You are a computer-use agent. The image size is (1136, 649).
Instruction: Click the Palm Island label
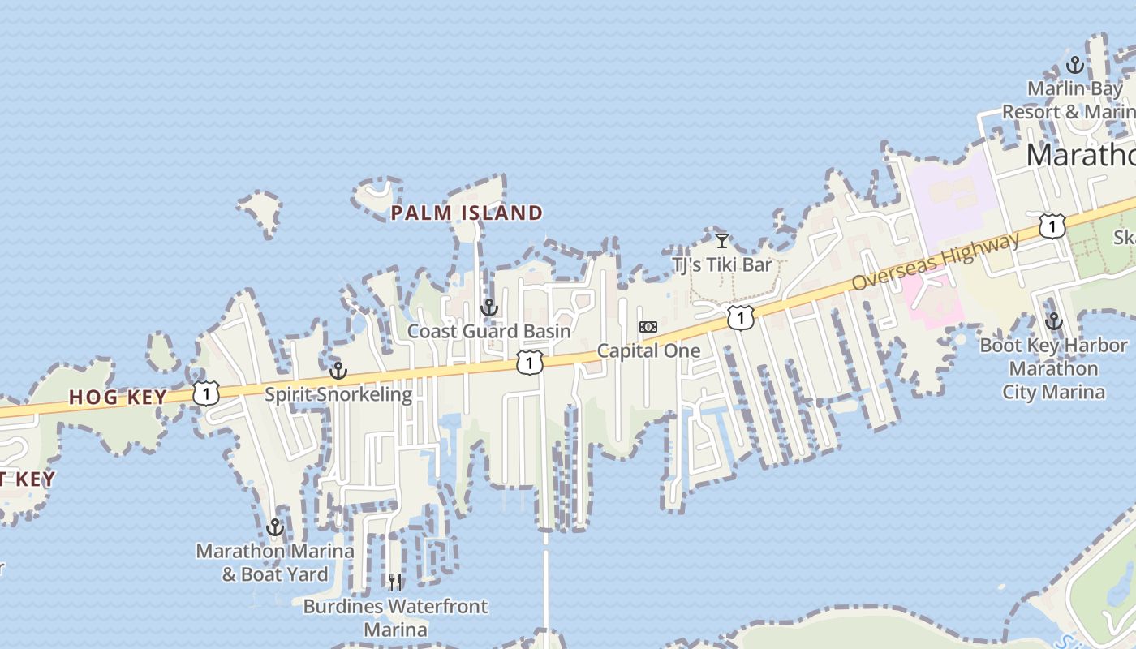pyautogui.click(x=467, y=213)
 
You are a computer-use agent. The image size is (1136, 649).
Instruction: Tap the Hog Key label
pyautogui.click(x=118, y=398)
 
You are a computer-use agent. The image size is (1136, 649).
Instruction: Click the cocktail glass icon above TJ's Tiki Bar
pyautogui.click(x=721, y=240)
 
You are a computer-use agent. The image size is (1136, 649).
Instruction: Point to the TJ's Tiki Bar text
pyautogui.click(x=721, y=264)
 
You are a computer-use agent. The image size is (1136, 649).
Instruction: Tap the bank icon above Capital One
pyautogui.click(x=648, y=326)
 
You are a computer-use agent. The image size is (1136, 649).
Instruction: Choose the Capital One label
pyautogui.click(x=648, y=351)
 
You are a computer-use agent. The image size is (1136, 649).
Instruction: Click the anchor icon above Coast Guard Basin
pyautogui.click(x=488, y=307)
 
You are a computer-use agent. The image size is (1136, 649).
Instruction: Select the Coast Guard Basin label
pyautogui.click(x=488, y=331)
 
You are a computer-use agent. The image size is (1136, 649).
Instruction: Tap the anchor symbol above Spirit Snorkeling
pyautogui.click(x=338, y=372)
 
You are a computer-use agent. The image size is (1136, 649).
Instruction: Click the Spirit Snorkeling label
pyautogui.click(x=338, y=395)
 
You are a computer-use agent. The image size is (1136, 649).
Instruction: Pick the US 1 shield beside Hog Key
pyautogui.click(x=206, y=394)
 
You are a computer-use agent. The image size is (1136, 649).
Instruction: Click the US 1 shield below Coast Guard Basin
pyautogui.click(x=529, y=363)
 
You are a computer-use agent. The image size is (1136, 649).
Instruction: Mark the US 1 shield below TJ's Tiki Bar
pyautogui.click(x=740, y=317)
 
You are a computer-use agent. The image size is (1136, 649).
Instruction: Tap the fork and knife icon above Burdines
pyautogui.click(x=395, y=582)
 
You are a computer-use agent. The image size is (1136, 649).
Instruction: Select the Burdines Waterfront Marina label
pyautogui.click(x=395, y=617)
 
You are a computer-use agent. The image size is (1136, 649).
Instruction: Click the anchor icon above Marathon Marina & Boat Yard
pyautogui.click(x=275, y=528)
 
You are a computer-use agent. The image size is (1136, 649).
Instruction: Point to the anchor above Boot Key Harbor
pyautogui.click(x=1053, y=321)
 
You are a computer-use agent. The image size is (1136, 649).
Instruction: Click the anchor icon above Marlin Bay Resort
pyautogui.click(x=1075, y=65)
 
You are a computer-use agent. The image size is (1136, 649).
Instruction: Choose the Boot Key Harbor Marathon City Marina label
pyautogui.click(x=1053, y=369)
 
